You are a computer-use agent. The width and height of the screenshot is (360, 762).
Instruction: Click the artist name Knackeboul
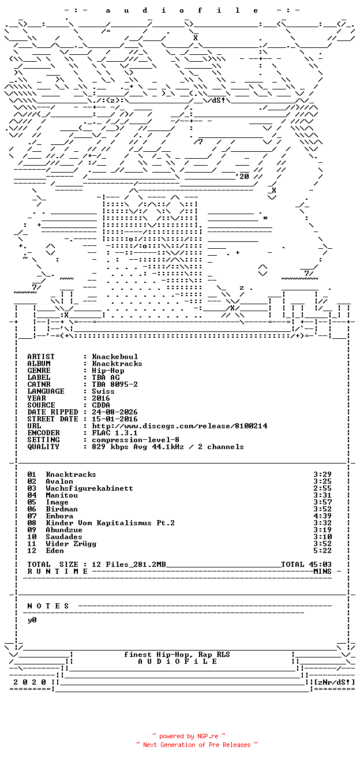click(x=115, y=357)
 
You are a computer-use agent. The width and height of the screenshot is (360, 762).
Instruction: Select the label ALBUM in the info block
click(x=39, y=363)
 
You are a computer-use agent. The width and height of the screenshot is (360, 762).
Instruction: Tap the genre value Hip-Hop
click(x=108, y=371)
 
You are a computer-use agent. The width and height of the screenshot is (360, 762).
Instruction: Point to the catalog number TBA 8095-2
click(x=115, y=384)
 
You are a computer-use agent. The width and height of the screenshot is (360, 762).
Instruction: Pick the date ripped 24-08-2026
click(x=115, y=412)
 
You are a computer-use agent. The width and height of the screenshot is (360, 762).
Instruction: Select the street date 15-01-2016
click(x=115, y=419)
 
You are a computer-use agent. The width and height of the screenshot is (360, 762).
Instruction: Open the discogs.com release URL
click(x=179, y=426)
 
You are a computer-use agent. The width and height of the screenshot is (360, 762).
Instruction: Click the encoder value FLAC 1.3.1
click(x=115, y=433)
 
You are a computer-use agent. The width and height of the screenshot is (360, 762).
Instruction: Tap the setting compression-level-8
click(x=136, y=440)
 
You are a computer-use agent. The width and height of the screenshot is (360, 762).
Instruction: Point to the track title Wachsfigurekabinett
click(x=89, y=488)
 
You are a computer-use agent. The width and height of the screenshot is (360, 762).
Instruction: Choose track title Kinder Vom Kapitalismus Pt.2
click(x=110, y=523)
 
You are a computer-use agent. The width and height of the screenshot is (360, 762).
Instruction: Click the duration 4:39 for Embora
click(x=322, y=516)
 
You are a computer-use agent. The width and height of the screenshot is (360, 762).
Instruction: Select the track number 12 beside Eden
click(x=32, y=551)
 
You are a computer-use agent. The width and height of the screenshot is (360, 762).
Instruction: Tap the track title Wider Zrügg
click(x=71, y=544)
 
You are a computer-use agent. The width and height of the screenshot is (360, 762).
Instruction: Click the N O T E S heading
click(x=48, y=606)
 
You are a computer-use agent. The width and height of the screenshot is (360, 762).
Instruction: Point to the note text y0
click(x=32, y=620)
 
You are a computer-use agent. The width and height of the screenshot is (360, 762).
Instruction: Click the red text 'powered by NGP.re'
click(x=189, y=737)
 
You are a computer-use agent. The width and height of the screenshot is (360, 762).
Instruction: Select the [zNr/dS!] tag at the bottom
click(x=335, y=682)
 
